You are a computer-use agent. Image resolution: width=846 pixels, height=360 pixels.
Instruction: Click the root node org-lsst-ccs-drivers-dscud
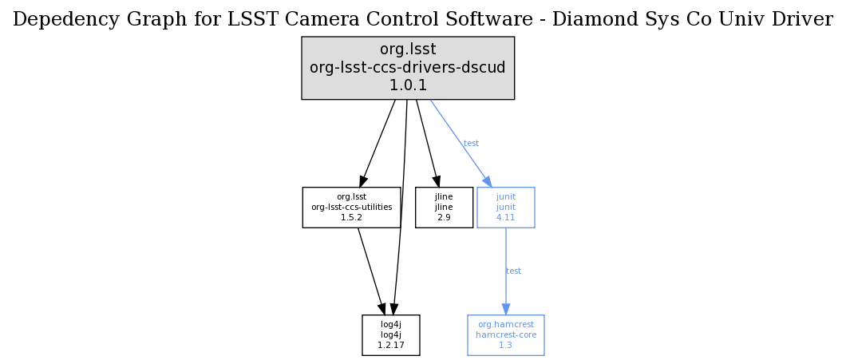[x=407, y=68]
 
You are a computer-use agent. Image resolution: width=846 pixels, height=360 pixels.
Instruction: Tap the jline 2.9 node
[x=444, y=208]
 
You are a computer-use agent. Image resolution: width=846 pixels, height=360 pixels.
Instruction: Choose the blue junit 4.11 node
[x=505, y=208]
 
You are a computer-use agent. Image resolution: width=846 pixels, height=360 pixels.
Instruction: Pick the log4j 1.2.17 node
[x=390, y=334]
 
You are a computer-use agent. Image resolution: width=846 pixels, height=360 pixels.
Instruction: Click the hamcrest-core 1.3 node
[x=505, y=334]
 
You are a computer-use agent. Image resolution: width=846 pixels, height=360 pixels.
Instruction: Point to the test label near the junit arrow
[x=471, y=144]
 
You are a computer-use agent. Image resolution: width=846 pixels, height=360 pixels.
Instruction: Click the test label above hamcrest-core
[x=513, y=271]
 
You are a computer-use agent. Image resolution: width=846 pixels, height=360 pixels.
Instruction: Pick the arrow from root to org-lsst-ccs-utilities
[x=378, y=142]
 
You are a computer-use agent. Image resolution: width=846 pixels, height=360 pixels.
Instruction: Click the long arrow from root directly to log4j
[x=401, y=208]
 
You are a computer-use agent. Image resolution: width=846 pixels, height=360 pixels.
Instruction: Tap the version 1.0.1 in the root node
[x=407, y=85]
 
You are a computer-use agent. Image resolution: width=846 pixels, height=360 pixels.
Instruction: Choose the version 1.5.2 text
[x=351, y=217]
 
